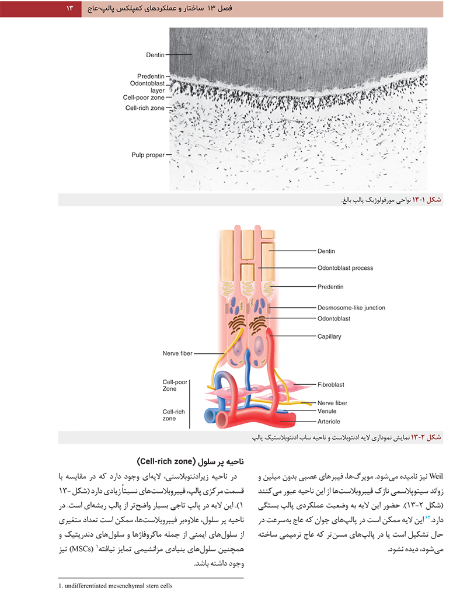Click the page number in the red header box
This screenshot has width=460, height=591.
[69, 8]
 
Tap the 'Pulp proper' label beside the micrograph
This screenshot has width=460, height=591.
[148, 155]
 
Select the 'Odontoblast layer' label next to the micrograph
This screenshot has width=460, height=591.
[147, 86]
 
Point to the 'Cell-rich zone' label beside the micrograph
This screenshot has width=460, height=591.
[145, 108]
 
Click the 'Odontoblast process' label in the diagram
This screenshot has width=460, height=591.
[345, 268]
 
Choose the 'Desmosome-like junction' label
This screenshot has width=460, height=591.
[351, 308]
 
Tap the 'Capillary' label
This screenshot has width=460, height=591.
[329, 336]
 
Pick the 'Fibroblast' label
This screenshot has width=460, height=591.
[331, 384]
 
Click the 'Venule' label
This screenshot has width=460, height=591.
[327, 411]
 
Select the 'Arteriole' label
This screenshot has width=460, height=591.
[329, 422]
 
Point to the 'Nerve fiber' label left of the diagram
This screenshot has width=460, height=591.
[177, 353]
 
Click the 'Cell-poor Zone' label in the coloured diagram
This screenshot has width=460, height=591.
[175, 385]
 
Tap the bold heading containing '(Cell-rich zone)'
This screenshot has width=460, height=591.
[191, 461]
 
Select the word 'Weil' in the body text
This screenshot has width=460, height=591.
[436, 477]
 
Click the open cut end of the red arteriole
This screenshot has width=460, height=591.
[221, 419]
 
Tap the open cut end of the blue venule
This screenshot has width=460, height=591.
[209, 416]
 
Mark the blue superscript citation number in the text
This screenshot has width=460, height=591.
[427, 517]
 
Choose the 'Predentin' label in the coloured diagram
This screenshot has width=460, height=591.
[330, 287]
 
